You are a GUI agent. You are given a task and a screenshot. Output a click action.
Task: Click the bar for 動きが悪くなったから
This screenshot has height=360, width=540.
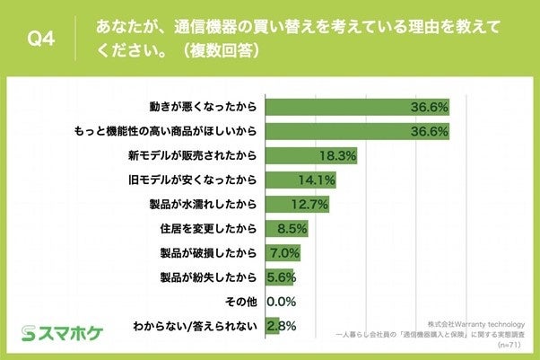click(x=358, y=106)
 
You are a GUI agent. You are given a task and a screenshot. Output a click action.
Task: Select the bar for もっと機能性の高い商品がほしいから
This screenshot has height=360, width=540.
click(x=358, y=130)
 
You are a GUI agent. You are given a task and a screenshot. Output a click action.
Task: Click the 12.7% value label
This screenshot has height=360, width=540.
click(x=311, y=204)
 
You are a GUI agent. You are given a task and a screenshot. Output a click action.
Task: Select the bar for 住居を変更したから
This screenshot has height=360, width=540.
click(x=278, y=228)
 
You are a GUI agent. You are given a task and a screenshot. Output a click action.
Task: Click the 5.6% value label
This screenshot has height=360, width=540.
click(x=281, y=277)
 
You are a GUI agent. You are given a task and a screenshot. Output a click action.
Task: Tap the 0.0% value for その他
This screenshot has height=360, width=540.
click(x=281, y=301)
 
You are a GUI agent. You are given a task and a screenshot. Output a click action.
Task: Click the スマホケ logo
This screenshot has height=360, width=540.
click(x=63, y=334)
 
